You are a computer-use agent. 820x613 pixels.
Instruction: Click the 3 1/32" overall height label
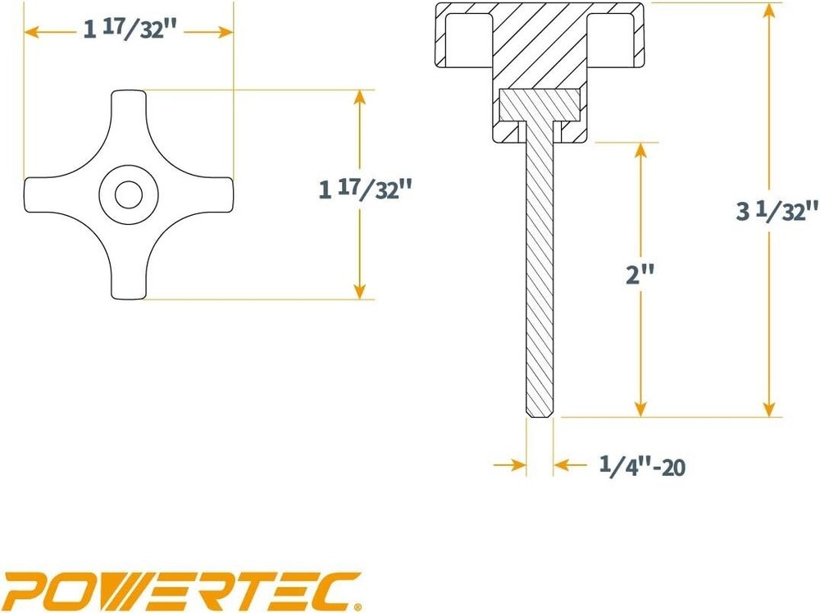777,211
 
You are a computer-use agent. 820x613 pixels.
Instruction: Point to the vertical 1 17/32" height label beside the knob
364,190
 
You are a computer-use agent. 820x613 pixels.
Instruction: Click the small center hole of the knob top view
128,194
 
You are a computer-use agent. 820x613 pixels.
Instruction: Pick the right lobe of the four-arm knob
216,194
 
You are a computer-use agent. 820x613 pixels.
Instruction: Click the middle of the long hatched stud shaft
539,271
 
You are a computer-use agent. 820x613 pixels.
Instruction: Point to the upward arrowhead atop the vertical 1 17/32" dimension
358,97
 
